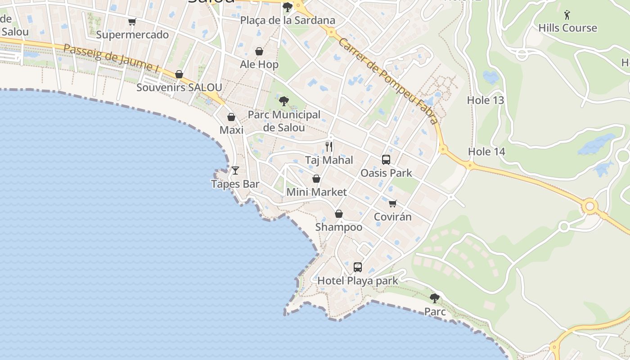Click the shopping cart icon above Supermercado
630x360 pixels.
(132, 22)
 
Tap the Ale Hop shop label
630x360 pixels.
(259, 64)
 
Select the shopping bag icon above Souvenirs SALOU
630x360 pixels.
(179, 74)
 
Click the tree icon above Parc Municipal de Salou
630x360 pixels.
(283, 101)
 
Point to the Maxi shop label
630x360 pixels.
(231, 130)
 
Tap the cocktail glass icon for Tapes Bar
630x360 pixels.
(235, 171)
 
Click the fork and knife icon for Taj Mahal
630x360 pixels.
(329, 146)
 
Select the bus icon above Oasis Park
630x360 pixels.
(386, 159)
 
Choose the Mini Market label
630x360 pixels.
(317, 192)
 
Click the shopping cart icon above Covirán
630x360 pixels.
(393, 203)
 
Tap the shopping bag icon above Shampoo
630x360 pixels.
(339, 214)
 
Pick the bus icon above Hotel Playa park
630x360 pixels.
(358, 267)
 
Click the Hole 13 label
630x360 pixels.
(486, 100)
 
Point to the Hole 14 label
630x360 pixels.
(487, 152)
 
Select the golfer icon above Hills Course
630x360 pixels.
(567, 15)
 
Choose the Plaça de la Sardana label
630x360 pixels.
(288, 20)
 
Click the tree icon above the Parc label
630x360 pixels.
(435, 298)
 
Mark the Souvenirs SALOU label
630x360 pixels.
(179, 87)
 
